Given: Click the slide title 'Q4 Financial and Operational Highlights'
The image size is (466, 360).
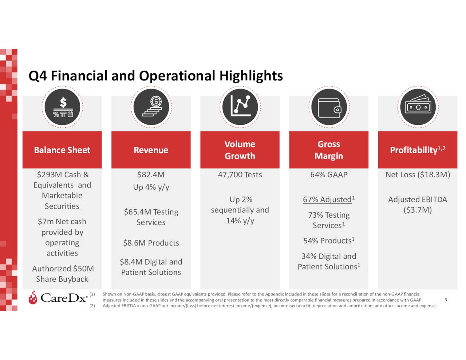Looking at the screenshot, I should tap(155, 76).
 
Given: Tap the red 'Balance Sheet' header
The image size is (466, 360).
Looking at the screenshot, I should tap(62, 150).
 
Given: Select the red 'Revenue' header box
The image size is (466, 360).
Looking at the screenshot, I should tap(151, 150).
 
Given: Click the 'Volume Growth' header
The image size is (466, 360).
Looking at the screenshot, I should tap(240, 150).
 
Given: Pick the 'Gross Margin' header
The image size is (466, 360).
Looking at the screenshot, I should tap(328, 150).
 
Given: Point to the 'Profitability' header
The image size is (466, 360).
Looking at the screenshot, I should tap(417, 150).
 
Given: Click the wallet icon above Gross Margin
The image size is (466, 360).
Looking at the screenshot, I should tap(329, 107).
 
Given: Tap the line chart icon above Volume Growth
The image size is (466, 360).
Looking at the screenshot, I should tap(240, 107).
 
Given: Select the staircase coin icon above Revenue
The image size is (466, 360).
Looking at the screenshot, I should tap(151, 107).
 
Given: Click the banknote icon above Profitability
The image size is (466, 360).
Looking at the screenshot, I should tap(418, 107).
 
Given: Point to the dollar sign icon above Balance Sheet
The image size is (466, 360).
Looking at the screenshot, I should tap(62, 107).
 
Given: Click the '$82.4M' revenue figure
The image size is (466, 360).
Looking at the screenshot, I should tap(151, 175).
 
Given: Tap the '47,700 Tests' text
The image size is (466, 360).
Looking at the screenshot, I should tap(240, 175).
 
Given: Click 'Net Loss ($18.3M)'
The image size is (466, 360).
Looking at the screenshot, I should tap(418, 175).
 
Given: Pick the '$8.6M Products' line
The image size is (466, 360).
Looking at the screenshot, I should tap(151, 243).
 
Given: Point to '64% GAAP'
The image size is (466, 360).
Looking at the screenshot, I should tap(328, 175).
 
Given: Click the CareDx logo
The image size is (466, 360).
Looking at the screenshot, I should tap(58, 298).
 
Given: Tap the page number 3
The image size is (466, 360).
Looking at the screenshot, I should tap(446, 300).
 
